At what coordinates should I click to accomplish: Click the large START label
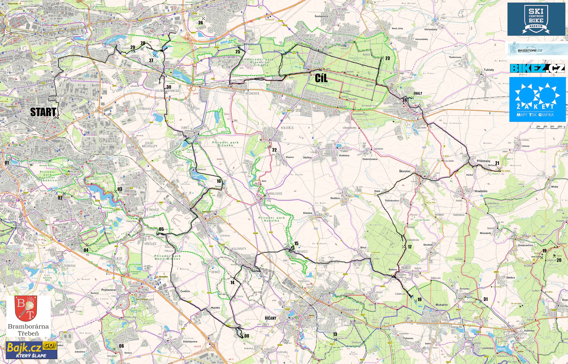pos(43,112)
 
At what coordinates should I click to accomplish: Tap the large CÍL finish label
pos(321,78)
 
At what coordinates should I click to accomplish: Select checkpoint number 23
pos(387,58)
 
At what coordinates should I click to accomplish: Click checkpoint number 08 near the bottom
pos(247,336)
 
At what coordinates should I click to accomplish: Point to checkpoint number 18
pos(419,299)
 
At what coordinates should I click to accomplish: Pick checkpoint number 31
pos(485,299)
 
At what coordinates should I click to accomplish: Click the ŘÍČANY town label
pos(270,318)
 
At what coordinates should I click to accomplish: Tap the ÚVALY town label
pos(418,93)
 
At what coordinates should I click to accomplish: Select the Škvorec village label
pos(405,171)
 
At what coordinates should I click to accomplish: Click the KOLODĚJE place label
pos(287,128)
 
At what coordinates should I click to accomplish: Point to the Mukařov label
pos(442,305)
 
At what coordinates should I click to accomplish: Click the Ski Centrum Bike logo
pos(536,19)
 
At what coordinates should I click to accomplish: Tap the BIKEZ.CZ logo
pos(537,68)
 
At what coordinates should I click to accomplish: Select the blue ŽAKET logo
pos(537,99)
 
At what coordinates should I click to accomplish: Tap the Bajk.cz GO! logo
pos(31,350)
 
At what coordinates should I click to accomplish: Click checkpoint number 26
pos(201,23)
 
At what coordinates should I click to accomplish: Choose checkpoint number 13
pos(335,334)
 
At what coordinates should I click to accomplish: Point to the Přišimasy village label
pos(483,161)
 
